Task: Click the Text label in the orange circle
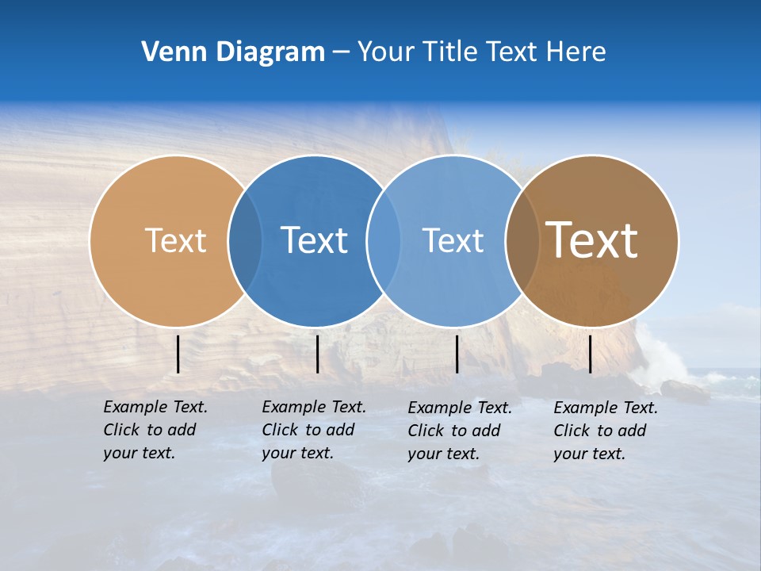click(x=175, y=240)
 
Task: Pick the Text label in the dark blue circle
click(x=314, y=240)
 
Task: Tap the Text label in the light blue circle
click(x=453, y=240)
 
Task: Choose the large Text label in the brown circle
click(x=592, y=240)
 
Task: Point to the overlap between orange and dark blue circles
click(x=245, y=240)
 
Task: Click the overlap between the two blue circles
click(x=384, y=240)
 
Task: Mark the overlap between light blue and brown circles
click(x=522, y=240)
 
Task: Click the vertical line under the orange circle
click(x=178, y=354)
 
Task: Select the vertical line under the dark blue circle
click(x=317, y=354)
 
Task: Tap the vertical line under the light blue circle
click(x=457, y=354)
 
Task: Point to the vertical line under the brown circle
click(x=590, y=354)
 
